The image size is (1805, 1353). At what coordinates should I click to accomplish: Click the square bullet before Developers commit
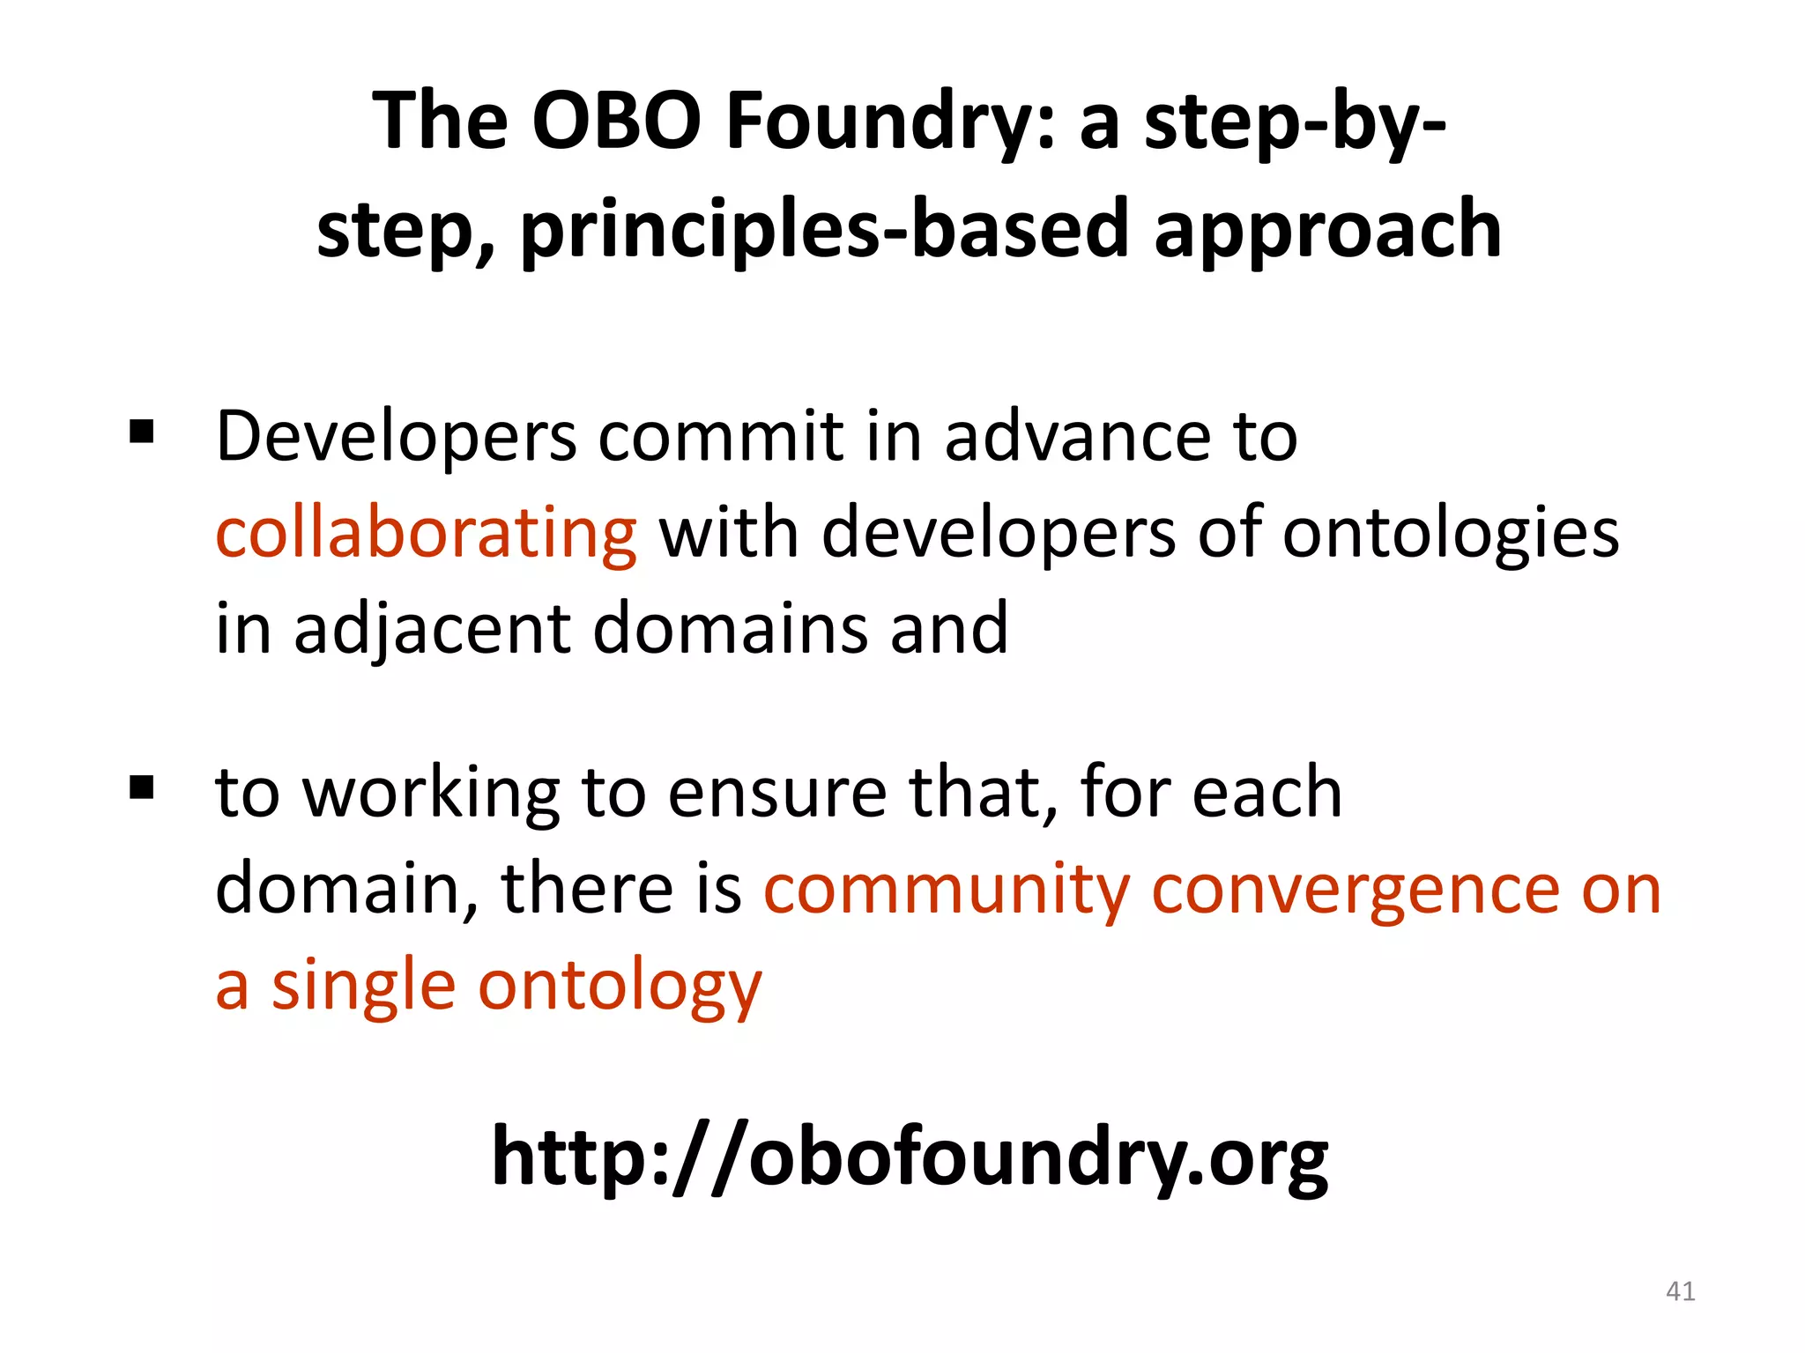tap(141, 432)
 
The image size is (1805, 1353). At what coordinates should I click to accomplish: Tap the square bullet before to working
tap(141, 786)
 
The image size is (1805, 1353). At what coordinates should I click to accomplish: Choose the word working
tap(432, 793)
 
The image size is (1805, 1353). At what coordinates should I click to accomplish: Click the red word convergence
tap(1355, 890)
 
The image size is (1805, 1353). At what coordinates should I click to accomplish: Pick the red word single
tap(363, 987)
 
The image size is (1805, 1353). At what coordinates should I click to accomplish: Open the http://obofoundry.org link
tap(910, 1157)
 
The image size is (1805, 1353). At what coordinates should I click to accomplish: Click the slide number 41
tap(1680, 1291)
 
